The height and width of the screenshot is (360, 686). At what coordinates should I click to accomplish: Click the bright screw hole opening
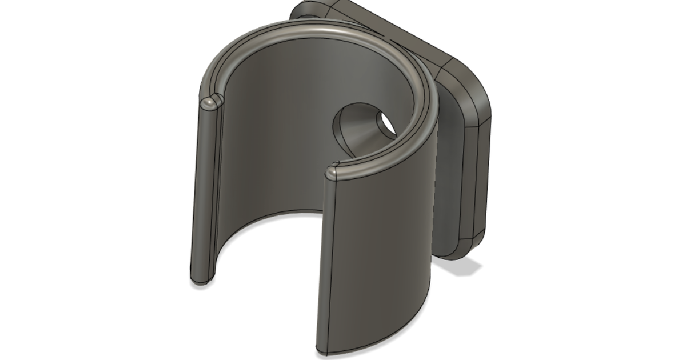tap(385, 123)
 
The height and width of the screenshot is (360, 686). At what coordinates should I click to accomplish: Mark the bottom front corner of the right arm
tap(320, 346)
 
